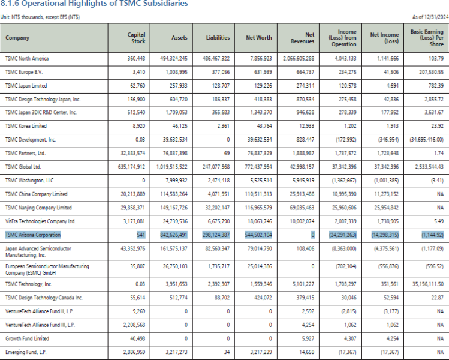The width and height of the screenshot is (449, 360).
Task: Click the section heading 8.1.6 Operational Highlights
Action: [x=94, y=4]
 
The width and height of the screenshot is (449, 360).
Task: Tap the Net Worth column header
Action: [x=259, y=37]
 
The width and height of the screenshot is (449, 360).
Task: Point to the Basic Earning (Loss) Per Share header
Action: [x=427, y=37]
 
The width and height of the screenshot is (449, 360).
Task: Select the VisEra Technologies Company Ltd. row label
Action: [x=40, y=221]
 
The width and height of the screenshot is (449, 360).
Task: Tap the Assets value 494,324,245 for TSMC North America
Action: [x=171, y=59]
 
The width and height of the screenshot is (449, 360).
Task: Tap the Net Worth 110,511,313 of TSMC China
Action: [x=259, y=194]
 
